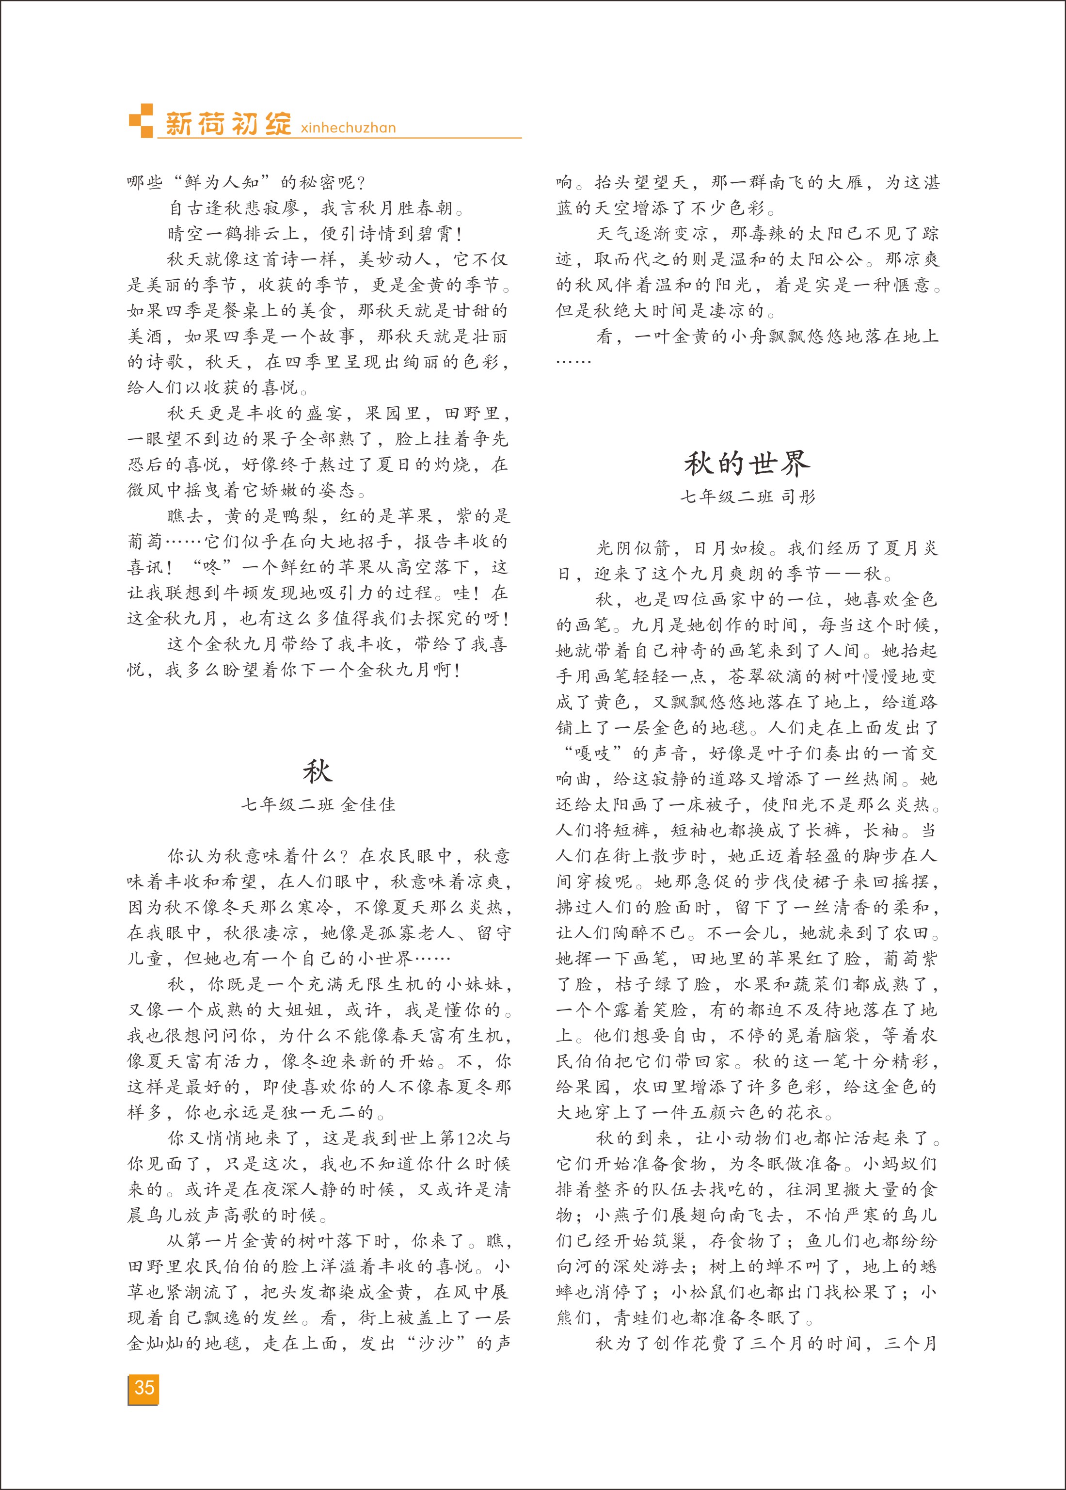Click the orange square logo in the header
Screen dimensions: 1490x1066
click(140, 120)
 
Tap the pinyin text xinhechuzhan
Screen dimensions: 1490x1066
click(348, 128)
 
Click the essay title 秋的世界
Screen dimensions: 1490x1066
click(747, 464)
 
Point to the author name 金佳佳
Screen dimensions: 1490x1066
click(368, 805)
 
